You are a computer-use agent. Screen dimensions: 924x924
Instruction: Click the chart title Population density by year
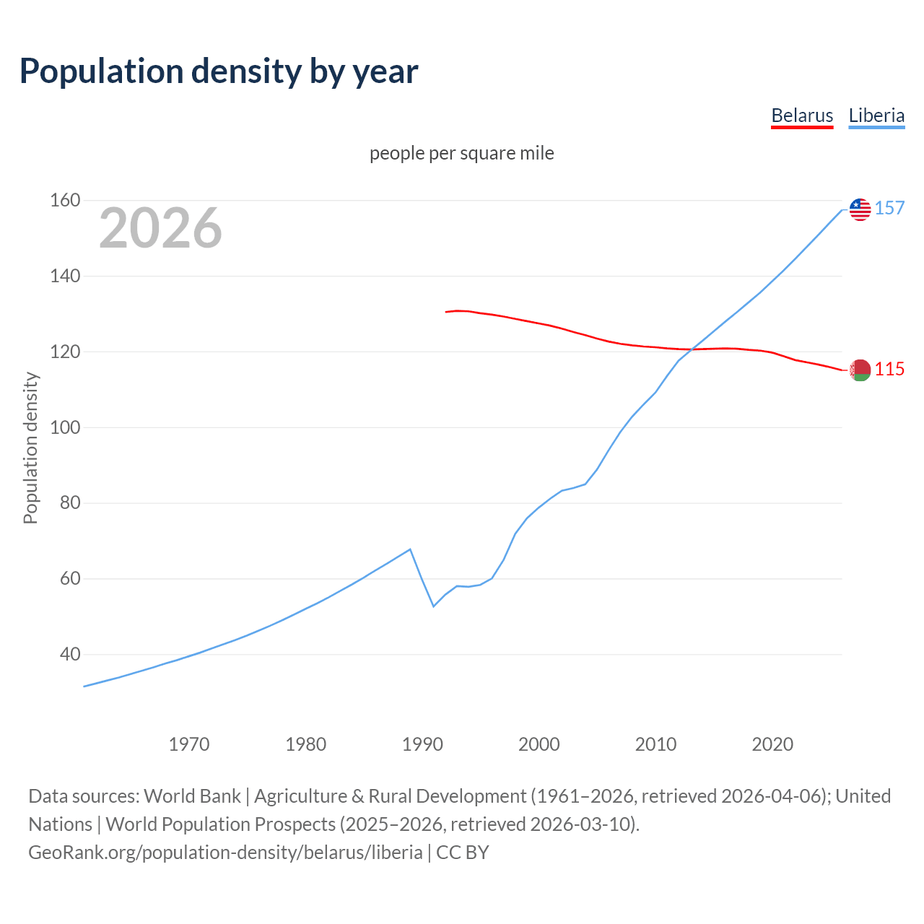pyautogui.click(x=219, y=71)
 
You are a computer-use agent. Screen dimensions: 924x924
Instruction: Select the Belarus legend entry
pyautogui.click(x=802, y=115)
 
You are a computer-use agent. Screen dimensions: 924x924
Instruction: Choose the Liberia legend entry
pyautogui.click(x=876, y=115)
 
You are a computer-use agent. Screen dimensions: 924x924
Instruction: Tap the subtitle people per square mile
pyautogui.click(x=462, y=153)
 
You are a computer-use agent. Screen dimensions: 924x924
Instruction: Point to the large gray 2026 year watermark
pyautogui.click(x=160, y=228)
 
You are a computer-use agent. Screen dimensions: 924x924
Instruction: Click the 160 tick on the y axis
pyautogui.click(x=64, y=200)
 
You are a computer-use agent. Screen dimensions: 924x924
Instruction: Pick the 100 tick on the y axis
pyautogui.click(x=64, y=427)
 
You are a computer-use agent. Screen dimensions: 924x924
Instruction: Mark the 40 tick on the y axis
pyautogui.click(x=69, y=655)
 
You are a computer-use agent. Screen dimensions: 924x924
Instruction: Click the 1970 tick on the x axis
pyautogui.click(x=189, y=744)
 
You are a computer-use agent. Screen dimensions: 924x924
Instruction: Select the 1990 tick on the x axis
pyautogui.click(x=422, y=744)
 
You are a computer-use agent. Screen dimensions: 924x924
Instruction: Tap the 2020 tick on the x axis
pyautogui.click(x=772, y=744)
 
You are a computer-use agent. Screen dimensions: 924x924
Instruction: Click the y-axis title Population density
pyautogui.click(x=30, y=448)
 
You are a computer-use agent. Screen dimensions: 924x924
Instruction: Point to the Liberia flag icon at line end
pyautogui.click(x=860, y=209)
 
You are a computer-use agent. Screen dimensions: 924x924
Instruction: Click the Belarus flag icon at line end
pyautogui.click(x=860, y=370)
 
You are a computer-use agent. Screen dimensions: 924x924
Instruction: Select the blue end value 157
pyautogui.click(x=889, y=209)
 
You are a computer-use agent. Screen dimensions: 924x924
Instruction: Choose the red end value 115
pyautogui.click(x=889, y=370)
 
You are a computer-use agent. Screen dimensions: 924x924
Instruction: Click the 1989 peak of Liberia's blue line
pyautogui.click(x=410, y=549)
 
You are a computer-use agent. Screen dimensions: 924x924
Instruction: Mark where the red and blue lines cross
pyautogui.click(x=692, y=349)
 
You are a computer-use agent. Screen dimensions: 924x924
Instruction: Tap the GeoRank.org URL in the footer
pyautogui.click(x=225, y=853)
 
